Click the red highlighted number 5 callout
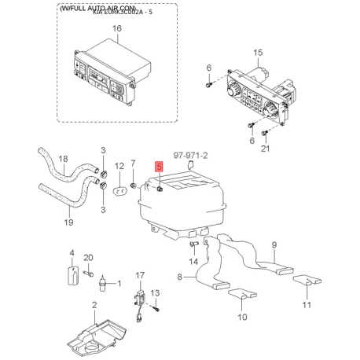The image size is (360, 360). tap(159, 167)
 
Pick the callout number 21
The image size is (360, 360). tap(265, 149)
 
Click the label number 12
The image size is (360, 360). tap(119, 167)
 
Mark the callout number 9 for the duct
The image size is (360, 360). tap(274, 245)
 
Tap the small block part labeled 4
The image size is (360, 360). tap(72, 276)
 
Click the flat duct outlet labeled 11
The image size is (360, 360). tap(306, 281)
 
